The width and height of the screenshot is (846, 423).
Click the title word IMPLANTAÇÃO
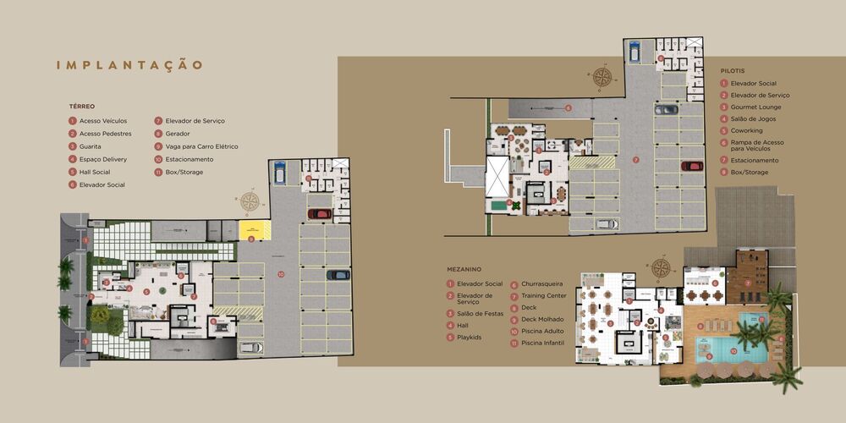click(x=129, y=65)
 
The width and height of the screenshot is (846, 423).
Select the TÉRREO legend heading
click(x=82, y=107)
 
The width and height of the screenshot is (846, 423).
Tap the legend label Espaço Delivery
click(x=102, y=159)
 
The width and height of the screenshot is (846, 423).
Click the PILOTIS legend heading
click(x=733, y=70)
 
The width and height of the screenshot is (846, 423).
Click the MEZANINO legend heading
click(x=465, y=269)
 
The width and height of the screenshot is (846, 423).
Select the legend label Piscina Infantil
click(x=542, y=343)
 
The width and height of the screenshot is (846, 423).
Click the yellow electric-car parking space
click(x=252, y=228)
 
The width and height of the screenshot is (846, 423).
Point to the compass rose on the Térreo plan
click(x=250, y=201)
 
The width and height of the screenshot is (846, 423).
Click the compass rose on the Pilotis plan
click(x=603, y=78)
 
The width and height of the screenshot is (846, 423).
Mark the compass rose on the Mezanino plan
click(x=662, y=268)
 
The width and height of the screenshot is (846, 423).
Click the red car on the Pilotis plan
click(x=692, y=166)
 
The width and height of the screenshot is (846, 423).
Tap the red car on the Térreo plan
click(x=320, y=214)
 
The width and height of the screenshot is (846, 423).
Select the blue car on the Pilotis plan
click(x=633, y=52)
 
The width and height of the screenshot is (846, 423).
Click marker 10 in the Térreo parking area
click(x=281, y=274)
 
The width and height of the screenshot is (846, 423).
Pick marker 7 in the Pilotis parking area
click(x=635, y=159)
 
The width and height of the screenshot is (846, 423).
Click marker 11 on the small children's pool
click(x=761, y=320)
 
